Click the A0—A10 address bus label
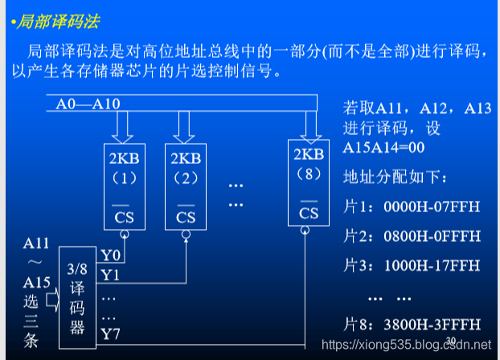click(x=88, y=104)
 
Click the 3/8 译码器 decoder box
click(x=78, y=297)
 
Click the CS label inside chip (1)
click(x=125, y=216)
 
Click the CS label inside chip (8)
click(x=309, y=213)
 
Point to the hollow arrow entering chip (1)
click(x=125, y=127)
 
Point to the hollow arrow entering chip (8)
click(x=309, y=125)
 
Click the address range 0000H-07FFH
click(x=432, y=207)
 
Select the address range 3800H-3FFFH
click(x=432, y=324)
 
